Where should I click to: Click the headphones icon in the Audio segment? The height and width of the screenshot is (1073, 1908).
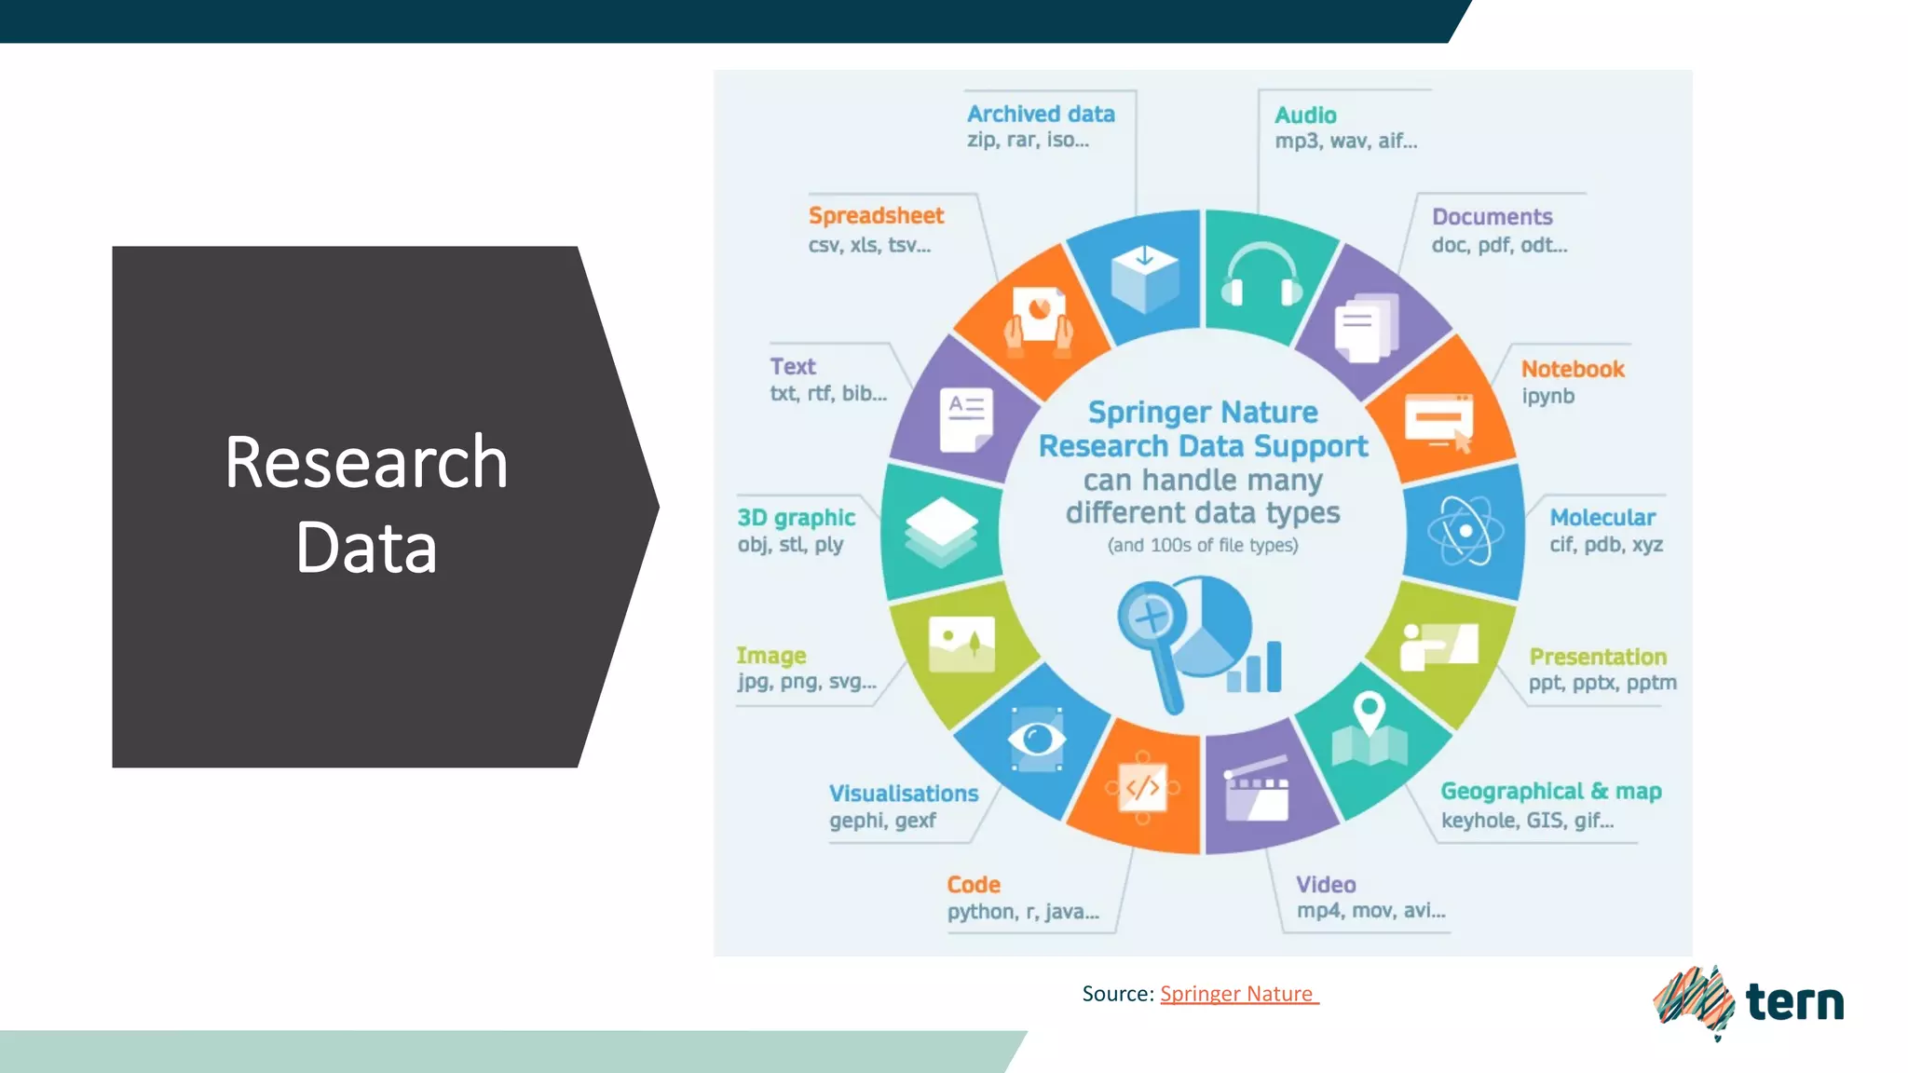tap(1261, 277)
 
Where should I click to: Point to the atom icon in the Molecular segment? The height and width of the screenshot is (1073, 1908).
tap(1465, 531)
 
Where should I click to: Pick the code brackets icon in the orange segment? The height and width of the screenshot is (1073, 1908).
tap(1143, 788)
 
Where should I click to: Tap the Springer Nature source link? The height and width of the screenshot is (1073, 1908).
tap(1238, 994)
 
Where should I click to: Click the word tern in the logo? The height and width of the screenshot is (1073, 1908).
tap(1794, 1002)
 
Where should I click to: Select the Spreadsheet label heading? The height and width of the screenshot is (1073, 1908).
tap(876, 216)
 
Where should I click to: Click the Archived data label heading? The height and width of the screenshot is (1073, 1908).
tap(1041, 114)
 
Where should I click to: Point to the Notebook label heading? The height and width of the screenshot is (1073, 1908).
tap(1573, 369)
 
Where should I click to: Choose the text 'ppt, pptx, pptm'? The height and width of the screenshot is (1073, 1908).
tap(1602, 683)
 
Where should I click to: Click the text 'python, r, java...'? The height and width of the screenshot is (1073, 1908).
tap(1023, 912)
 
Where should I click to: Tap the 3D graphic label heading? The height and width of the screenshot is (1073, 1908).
tap(796, 518)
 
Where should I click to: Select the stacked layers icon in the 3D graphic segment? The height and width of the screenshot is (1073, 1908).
tap(941, 531)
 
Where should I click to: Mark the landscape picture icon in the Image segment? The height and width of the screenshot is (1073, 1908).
tap(961, 644)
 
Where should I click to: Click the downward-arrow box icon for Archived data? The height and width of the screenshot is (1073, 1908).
tap(1145, 278)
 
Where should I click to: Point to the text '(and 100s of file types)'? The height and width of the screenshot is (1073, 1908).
tap(1203, 545)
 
